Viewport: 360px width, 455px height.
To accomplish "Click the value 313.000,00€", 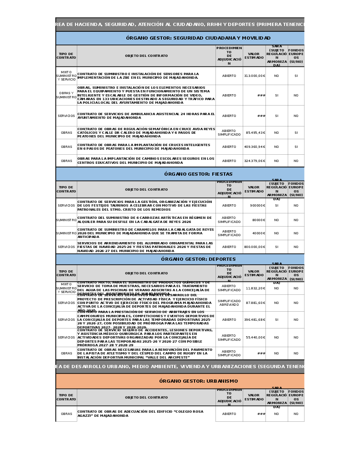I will click(254, 76).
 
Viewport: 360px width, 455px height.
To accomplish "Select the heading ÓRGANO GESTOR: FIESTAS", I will click(198, 174).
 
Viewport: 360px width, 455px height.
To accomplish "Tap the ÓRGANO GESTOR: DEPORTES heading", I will click(198, 259).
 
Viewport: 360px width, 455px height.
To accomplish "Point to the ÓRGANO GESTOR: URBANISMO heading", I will click(198, 381).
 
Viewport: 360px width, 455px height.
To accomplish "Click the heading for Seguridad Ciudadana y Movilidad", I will click(198, 38).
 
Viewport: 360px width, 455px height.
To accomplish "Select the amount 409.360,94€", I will click(254, 147).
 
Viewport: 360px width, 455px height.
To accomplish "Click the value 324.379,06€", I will click(254, 161).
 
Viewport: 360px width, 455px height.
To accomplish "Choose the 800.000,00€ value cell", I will click(254, 247).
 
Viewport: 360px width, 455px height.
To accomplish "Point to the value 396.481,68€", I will click(254, 320).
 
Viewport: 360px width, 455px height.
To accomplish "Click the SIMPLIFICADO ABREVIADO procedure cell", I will click(229, 303).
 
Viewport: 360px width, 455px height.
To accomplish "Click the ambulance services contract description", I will click(146, 116).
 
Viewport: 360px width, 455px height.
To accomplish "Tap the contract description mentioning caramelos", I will click(146, 233).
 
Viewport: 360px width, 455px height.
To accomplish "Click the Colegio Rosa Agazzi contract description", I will click(146, 414).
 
